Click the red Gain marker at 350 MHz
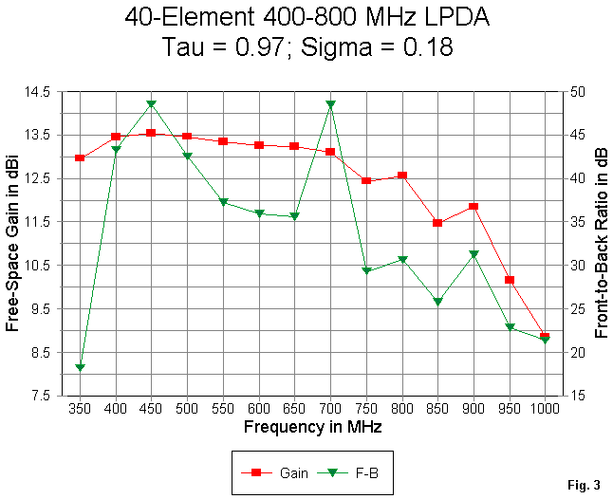(80, 157)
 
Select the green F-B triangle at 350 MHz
(80, 367)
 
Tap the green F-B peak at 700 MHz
(330, 104)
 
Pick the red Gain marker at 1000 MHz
(545, 337)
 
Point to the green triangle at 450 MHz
(151, 104)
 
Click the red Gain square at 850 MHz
(437, 223)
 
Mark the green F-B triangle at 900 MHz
(474, 254)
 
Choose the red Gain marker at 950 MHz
(510, 281)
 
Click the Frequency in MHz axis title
(312, 428)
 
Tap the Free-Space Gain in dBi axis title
(14, 244)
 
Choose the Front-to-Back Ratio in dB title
(601, 244)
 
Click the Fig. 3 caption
(584, 486)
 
